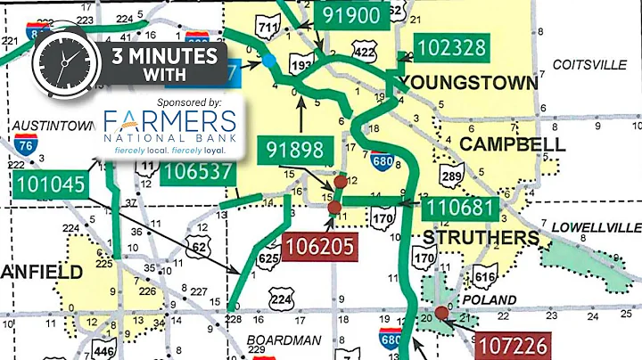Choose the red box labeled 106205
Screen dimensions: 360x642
(317, 244)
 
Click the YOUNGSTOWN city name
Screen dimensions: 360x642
(470, 83)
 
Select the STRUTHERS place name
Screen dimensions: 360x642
(479, 239)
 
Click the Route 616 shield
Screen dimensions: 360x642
(485, 277)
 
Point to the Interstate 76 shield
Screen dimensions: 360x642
(25, 148)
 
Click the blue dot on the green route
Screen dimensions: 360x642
(267, 61)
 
